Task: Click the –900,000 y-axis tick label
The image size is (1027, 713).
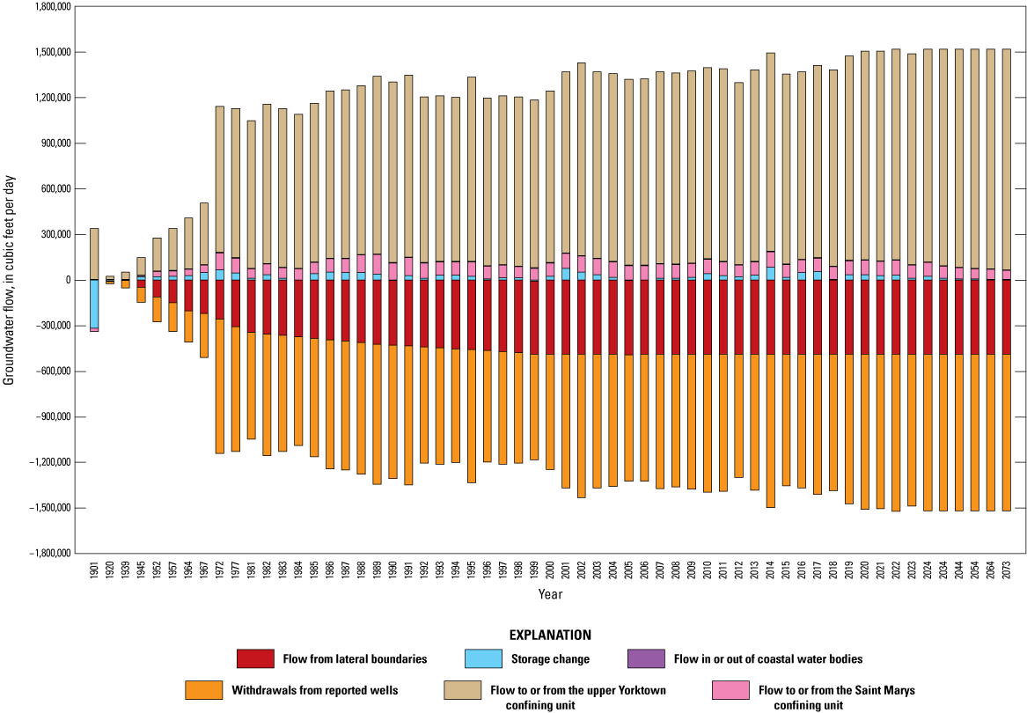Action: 48,416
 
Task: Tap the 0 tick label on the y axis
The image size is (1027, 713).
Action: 65,280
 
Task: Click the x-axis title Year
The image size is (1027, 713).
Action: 551,595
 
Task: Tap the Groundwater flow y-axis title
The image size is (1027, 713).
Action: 10,280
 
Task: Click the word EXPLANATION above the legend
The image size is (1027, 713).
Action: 551,634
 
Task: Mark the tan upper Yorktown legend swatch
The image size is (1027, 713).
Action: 463,690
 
